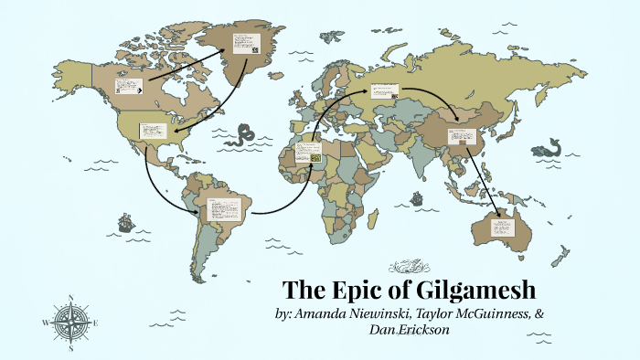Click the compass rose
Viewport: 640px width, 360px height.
click(70, 323)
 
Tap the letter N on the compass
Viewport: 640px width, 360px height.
click(70, 298)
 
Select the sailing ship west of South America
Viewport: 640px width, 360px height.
click(125, 222)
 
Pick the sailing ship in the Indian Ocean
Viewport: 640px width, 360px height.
click(418, 198)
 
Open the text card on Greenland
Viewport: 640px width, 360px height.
click(244, 45)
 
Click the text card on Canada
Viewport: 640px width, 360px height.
click(127, 88)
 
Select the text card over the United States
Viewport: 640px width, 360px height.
click(152, 131)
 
